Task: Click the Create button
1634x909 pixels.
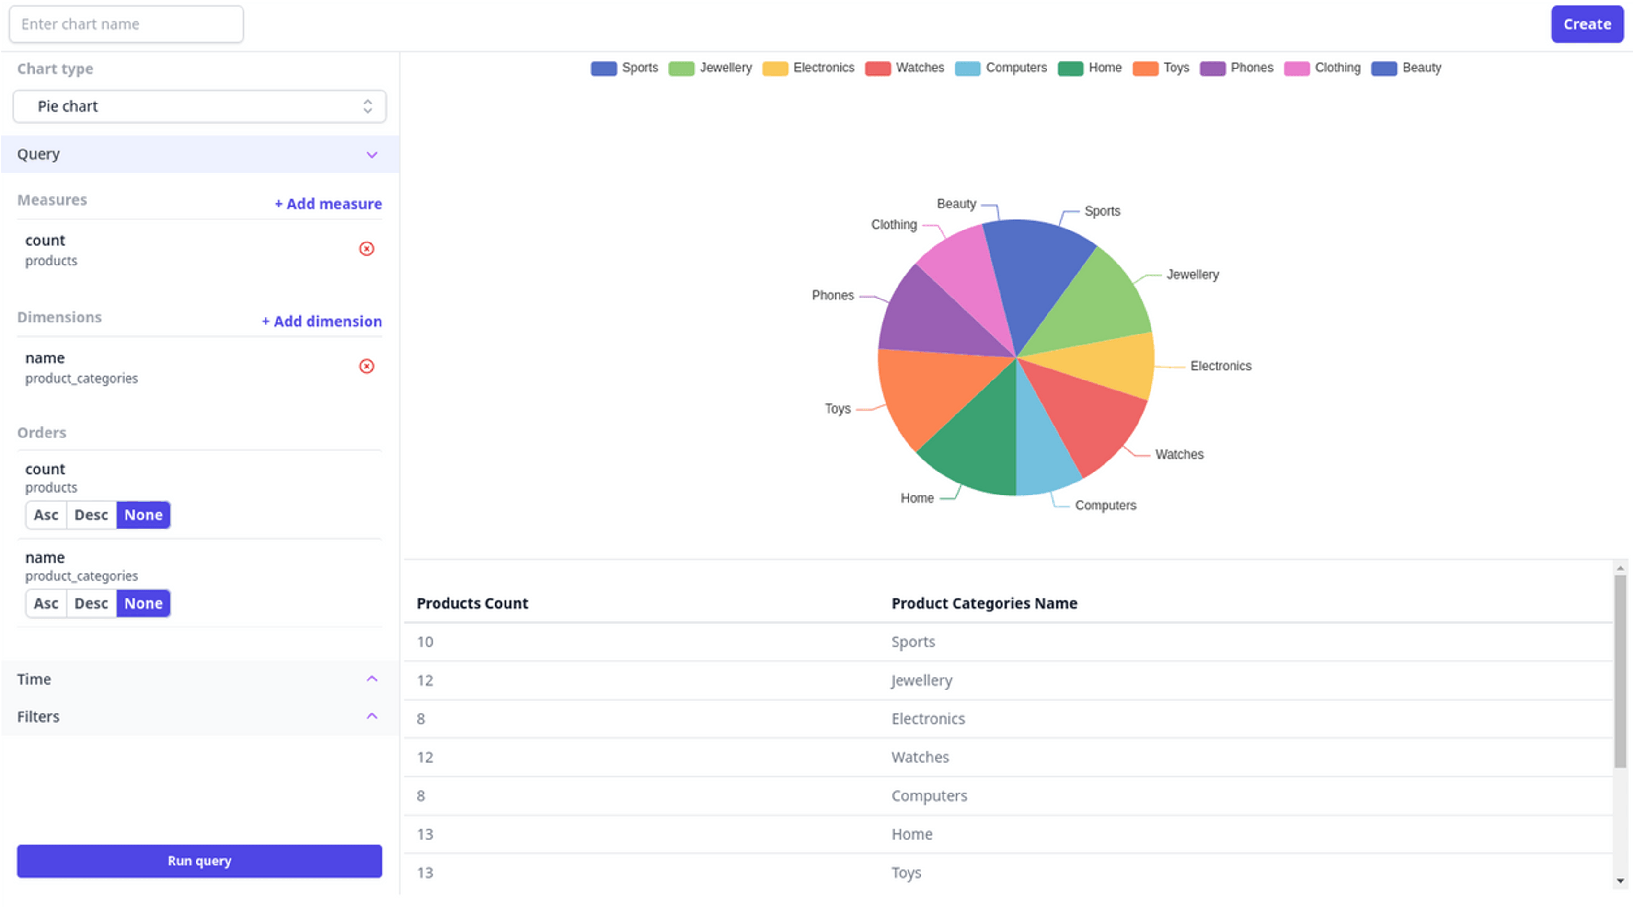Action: (x=1587, y=24)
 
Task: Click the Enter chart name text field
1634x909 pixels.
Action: (x=126, y=24)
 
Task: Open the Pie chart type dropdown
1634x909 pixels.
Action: (x=199, y=106)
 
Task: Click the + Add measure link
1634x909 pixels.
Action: (x=328, y=204)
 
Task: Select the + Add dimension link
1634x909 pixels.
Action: (x=322, y=321)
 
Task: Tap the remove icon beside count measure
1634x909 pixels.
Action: (x=367, y=249)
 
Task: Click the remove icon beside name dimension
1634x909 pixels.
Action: (x=367, y=366)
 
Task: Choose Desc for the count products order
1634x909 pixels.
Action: (x=91, y=515)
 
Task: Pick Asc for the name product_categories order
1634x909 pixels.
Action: (x=46, y=603)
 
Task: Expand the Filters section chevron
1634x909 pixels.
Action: (x=372, y=716)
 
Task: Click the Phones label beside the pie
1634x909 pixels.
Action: (x=832, y=296)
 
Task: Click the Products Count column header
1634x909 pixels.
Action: (x=472, y=603)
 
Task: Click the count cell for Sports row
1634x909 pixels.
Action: (x=425, y=642)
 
